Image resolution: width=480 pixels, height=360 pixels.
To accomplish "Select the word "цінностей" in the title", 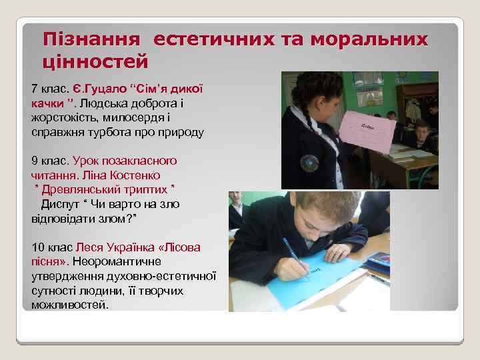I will pos(95,63).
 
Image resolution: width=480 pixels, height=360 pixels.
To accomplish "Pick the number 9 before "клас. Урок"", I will pos(35,161).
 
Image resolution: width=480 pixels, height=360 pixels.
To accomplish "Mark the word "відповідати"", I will pos(61,218).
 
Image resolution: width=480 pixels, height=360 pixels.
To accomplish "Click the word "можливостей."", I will pos(69,305).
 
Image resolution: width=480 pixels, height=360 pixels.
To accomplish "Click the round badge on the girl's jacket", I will pos(309,163).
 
